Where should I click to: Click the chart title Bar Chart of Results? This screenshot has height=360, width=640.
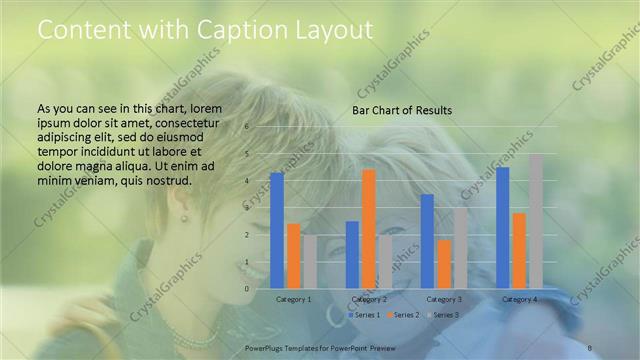click(402, 110)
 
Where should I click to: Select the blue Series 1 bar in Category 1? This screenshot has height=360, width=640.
click(277, 230)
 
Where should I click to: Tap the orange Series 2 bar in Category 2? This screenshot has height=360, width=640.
click(368, 228)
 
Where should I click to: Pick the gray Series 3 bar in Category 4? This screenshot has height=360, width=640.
click(535, 221)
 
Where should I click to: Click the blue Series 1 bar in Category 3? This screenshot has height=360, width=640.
click(427, 241)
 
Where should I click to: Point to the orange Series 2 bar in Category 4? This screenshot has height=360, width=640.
click(519, 250)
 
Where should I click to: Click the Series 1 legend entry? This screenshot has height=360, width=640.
click(366, 315)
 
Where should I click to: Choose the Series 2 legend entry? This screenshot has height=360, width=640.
click(404, 315)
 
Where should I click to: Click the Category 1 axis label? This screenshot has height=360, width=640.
click(293, 299)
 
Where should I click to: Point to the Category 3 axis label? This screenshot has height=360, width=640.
click(443, 299)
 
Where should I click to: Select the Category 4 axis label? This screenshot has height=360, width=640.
click(519, 299)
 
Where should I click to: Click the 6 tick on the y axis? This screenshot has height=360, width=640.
click(246, 127)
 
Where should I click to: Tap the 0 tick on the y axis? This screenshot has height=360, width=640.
click(246, 289)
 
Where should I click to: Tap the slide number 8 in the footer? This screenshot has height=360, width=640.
click(590, 347)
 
